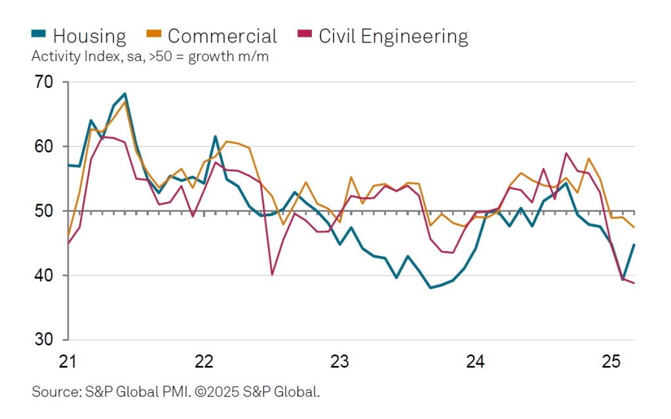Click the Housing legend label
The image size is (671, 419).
pyautogui.click(x=89, y=36)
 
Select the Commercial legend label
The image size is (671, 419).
pyautogui.click(x=222, y=36)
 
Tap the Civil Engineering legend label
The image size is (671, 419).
pyautogui.click(x=393, y=36)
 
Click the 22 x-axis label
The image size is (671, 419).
pyautogui.click(x=204, y=361)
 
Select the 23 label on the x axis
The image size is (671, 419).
pyautogui.click(x=339, y=361)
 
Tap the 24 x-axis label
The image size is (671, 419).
pyautogui.click(x=475, y=361)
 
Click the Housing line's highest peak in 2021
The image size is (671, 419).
pyautogui.click(x=125, y=94)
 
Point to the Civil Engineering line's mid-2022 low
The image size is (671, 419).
pyautogui.click(x=272, y=274)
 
